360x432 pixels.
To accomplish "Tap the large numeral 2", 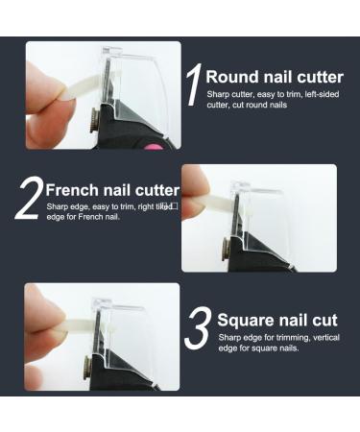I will (29, 198).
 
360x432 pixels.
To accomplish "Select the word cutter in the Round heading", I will (316, 77).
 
